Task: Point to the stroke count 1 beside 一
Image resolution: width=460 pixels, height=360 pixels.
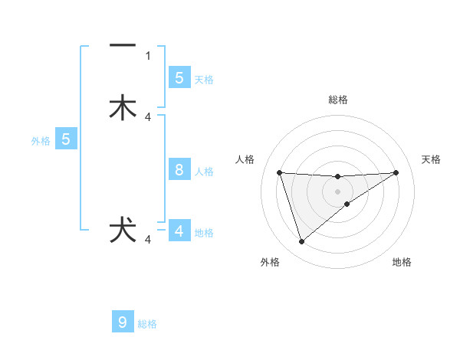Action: pos(148,55)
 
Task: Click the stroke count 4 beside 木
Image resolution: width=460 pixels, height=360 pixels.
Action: pos(148,116)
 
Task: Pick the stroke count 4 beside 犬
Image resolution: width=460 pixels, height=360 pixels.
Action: pos(148,240)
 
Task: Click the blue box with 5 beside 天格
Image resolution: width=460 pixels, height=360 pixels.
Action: pos(179,77)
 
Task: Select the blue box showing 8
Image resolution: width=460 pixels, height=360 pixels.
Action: pos(179,170)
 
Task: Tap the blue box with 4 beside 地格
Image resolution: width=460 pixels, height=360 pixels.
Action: pos(179,231)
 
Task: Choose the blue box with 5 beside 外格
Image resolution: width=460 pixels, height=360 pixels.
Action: pos(66,139)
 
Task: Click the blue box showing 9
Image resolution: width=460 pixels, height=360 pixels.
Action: pos(123,322)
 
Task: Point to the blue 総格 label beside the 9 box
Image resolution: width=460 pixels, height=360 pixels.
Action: pos(147,324)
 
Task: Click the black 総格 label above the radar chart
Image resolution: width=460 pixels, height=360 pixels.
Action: pos(338,100)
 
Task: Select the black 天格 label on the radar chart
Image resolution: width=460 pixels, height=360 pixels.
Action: pos(432,159)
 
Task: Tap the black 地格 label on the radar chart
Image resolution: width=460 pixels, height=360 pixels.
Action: pos(402,262)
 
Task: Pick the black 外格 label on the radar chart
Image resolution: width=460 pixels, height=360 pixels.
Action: pos(270,262)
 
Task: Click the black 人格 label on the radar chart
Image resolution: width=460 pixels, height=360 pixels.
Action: pos(245,159)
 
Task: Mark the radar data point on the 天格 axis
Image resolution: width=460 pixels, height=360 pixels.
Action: pos(396,172)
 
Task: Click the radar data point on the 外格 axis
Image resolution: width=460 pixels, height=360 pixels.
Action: pos(301,242)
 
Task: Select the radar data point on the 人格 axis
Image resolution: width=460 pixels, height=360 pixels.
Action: pos(279,172)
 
